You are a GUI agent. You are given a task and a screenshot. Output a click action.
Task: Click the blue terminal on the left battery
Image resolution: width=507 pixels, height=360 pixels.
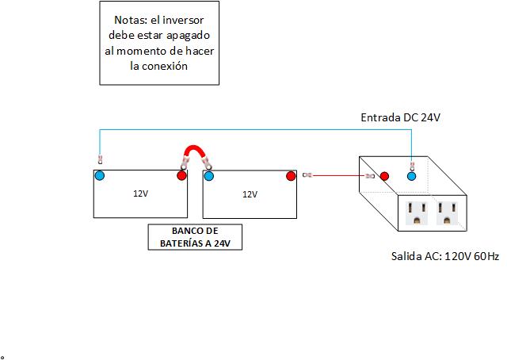tap(99, 175)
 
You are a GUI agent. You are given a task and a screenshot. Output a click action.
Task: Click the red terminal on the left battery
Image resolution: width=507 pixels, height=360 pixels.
tap(181, 175)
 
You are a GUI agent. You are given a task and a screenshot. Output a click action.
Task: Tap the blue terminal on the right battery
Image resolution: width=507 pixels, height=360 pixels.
tap(209, 175)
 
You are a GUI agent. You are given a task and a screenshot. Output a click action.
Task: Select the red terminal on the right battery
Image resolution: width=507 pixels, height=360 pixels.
tap(291, 175)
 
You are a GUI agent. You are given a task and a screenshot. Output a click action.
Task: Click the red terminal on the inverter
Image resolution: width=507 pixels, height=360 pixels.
tap(384, 175)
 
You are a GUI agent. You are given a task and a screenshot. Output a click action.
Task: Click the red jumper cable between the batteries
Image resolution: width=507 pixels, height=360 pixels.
tap(193, 148)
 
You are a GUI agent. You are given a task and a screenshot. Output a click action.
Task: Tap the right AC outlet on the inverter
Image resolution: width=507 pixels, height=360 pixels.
tap(447, 212)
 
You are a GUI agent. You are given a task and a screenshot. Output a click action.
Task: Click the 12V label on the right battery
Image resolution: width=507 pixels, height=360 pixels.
tap(250, 193)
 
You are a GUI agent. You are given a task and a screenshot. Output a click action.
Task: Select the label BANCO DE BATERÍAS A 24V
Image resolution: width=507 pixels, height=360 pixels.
tap(195, 237)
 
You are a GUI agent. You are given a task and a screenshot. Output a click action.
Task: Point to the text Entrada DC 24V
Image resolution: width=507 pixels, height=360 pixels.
tap(400, 117)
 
